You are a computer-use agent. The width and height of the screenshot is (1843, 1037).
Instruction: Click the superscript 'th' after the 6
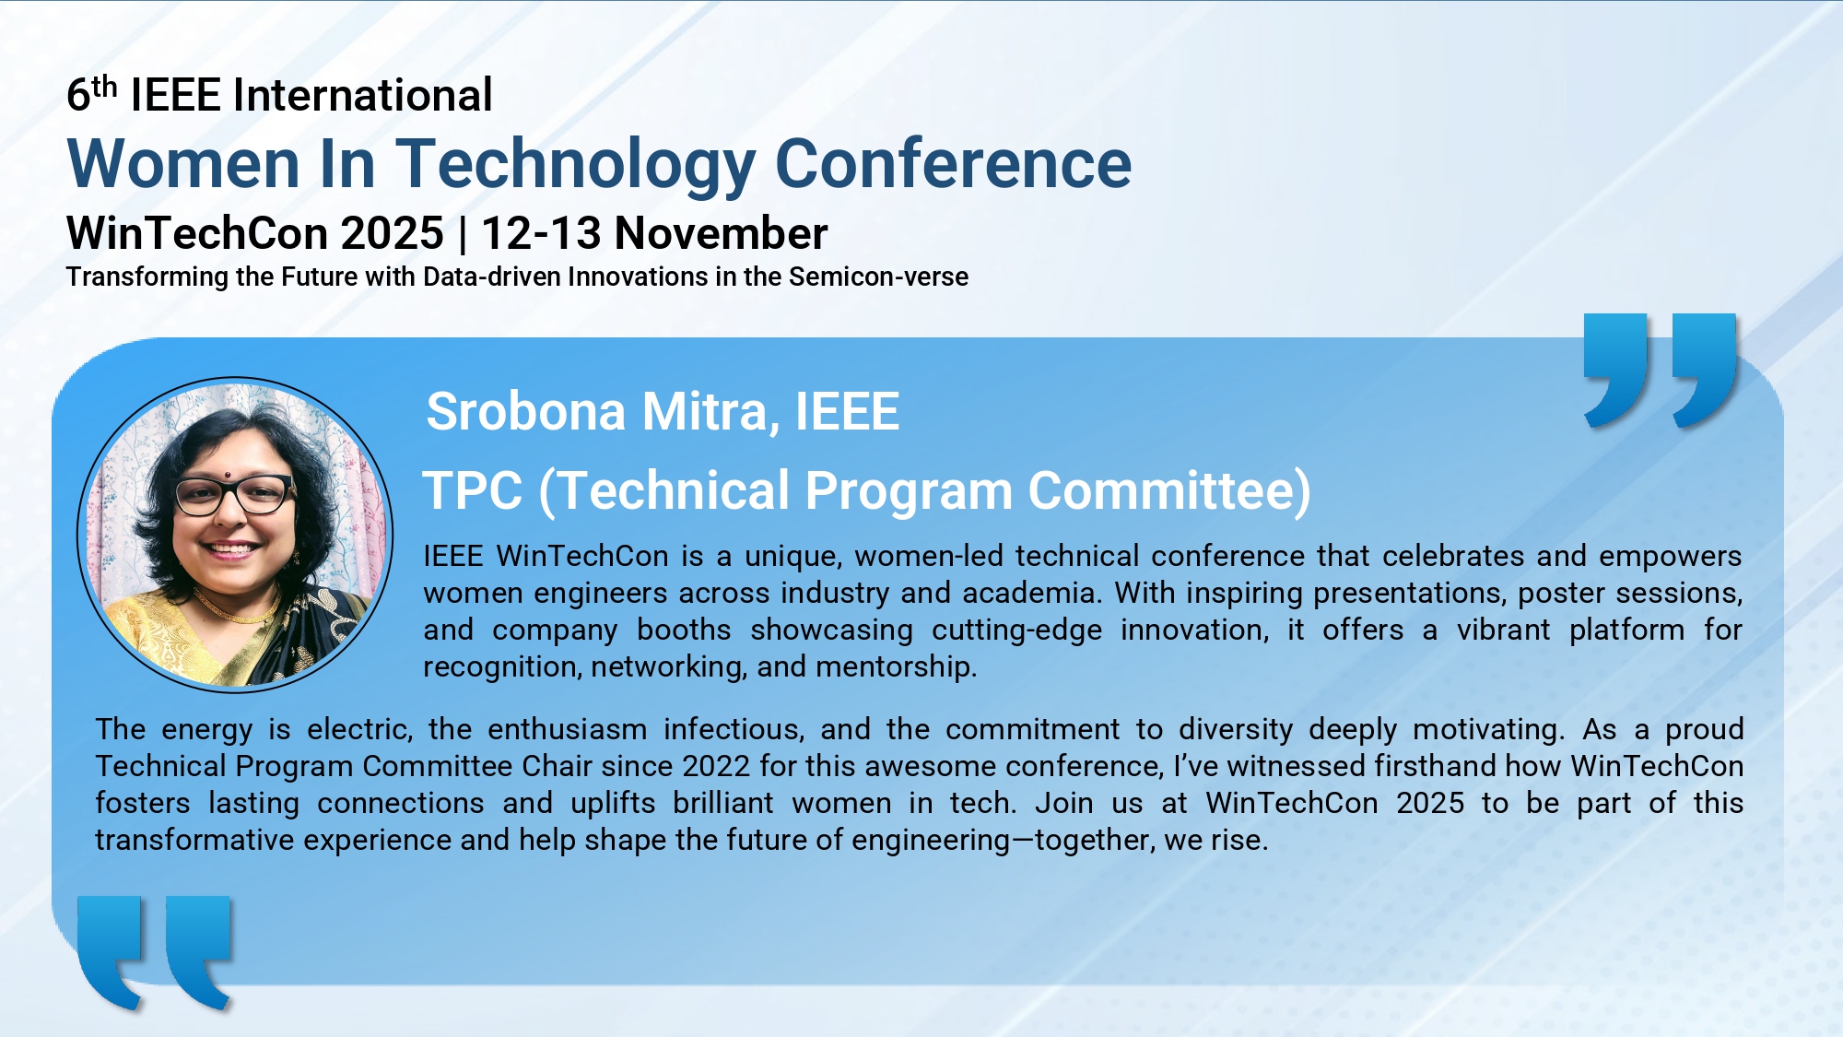coord(105,86)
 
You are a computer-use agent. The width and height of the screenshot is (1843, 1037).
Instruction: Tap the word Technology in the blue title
coord(577,164)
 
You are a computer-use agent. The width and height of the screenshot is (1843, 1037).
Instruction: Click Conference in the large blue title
coord(954,164)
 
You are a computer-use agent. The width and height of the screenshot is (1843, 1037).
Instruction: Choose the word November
coord(722,233)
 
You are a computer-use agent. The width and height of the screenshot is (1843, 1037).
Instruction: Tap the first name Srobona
coord(526,411)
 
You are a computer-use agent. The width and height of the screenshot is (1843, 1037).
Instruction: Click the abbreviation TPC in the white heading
coord(473,490)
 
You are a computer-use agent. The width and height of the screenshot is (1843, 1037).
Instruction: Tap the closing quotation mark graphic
coord(1661,371)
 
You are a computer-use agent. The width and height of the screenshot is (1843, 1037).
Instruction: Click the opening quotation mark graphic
coord(155,952)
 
